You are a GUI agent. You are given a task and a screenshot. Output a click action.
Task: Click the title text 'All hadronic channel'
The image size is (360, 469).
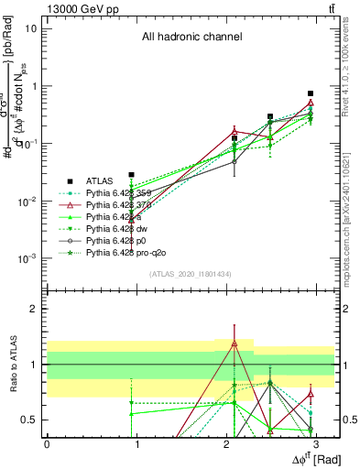191,38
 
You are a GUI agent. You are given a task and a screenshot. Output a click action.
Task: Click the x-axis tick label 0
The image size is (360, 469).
47,443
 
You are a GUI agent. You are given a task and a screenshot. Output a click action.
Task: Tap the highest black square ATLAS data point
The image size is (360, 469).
311,93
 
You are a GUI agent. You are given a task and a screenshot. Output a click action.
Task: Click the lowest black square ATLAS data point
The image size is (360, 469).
132,174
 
